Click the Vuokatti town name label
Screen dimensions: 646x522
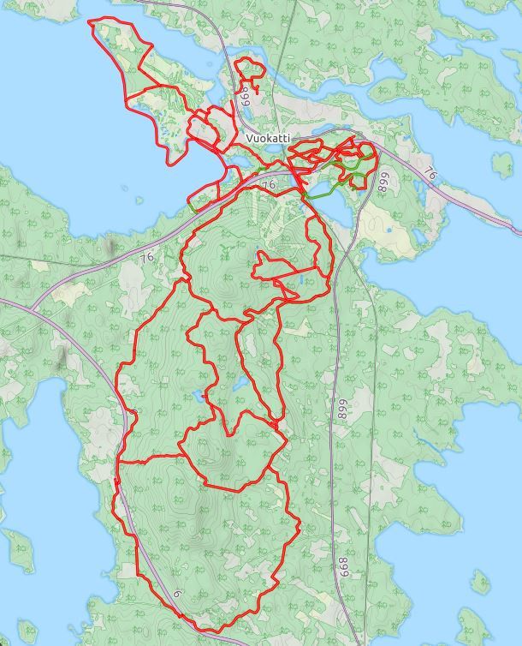pos(268,138)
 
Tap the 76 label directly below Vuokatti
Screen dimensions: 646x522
pos(269,184)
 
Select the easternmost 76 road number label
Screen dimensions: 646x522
pos(430,175)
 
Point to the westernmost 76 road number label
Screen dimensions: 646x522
pos(146,257)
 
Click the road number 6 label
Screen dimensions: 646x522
pos(177,594)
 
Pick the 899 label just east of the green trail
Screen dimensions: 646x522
pos(383,183)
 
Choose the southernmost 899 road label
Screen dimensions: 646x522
pos(342,410)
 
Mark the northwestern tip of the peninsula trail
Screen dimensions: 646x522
pos(92,21)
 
